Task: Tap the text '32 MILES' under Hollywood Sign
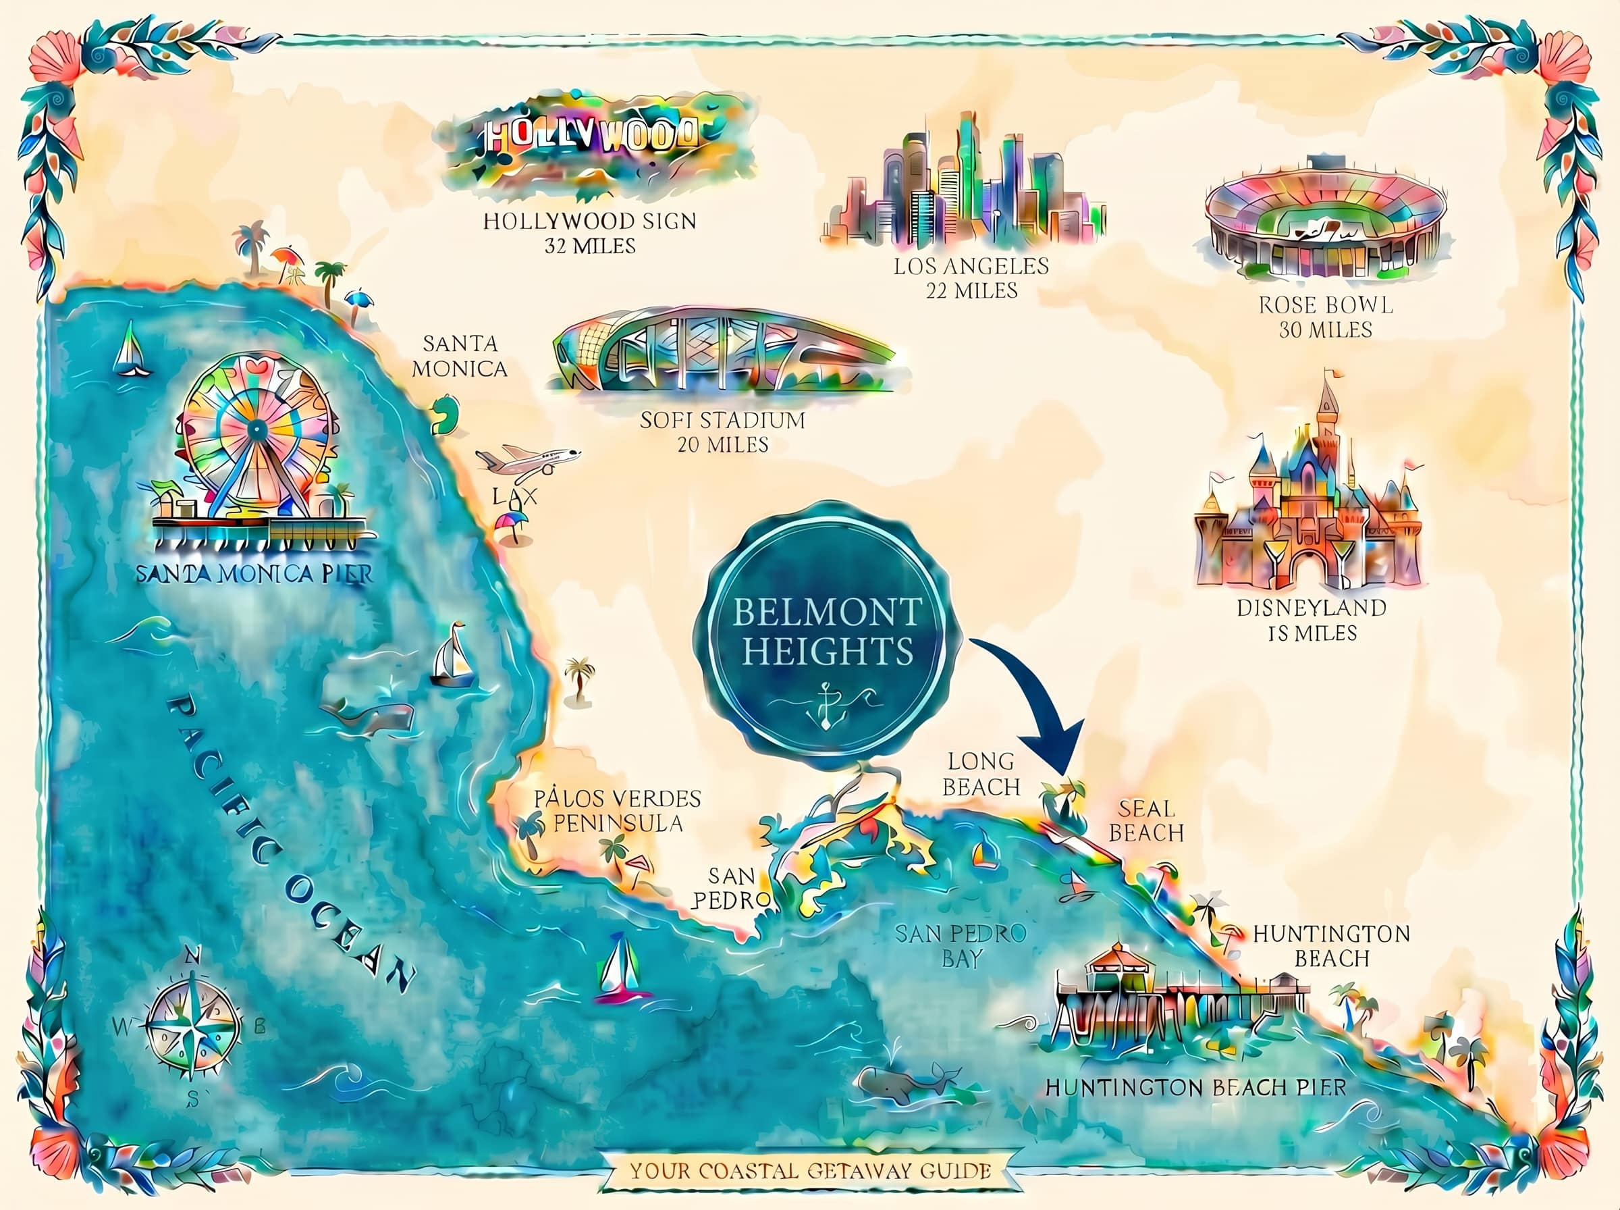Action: (590, 246)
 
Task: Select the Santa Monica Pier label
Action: (254, 573)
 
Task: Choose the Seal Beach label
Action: (1145, 820)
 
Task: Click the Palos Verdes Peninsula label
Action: (617, 810)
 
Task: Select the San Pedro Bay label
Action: (961, 945)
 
